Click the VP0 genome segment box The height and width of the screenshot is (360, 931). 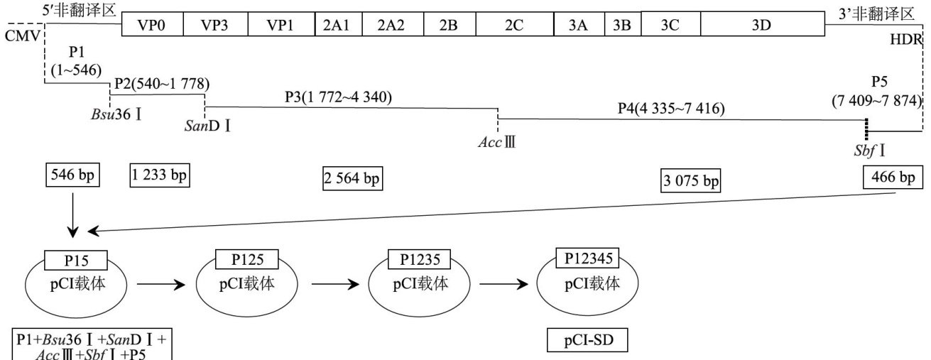[151, 24]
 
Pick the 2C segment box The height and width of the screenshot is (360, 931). [514, 24]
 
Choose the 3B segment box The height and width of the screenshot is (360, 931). [622, 24]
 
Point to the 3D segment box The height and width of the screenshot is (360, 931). [762, 24]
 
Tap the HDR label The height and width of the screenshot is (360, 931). [905, 40]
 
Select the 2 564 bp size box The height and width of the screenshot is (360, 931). [352, 179]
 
